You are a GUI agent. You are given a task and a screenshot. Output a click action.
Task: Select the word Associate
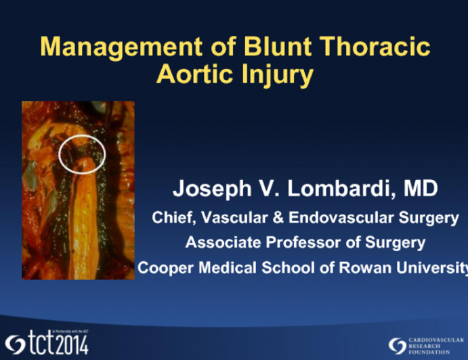[x=219, y=242]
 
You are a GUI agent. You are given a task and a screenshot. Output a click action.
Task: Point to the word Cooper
[x=161, y=267]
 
